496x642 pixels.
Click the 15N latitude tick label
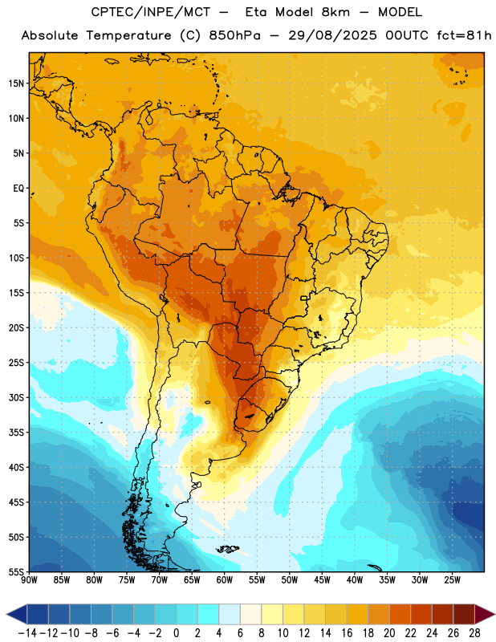pyautogui.click(x=16, y=83)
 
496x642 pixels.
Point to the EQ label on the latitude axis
pyautogui.click(x=18, y=189)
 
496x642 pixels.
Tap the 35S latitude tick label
pyautogui.click(x=16, y=433)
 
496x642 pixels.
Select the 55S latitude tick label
pyautogui.click(x=16, y=571)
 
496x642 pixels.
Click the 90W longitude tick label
pyautogui.click(x=29, y=580)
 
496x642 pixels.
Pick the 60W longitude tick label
pyautogui.click(x=225, y=580)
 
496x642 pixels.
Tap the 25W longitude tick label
pyautogui.click(x=452, y=580)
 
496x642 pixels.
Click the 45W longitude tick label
pyautogui.click(x=322, y=580)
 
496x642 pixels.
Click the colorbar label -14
pyautogui.click(x=27, y=633)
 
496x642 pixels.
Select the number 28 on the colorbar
pyautogui.click(x=474, y=633)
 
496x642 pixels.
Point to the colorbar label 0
pyautogui.click(x=176, y=633)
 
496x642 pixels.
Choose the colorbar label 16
pyautogui.click(x=347, y=633)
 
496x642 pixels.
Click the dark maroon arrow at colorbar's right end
pyautogui.click(x=485, y=614)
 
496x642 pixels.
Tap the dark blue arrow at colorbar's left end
pyautogui.click(x=17, y=614)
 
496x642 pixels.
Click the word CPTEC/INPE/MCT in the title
pyautogui.click(x=151, y=12)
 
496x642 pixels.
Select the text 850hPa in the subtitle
pyautogui.click(x=234, y=35)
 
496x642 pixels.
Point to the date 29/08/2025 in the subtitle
pyautogui.click(x=332, y=35)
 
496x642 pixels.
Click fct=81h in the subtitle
pyautogui.click(x=464, y=35)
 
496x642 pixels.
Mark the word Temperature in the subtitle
pyautogui.click(x=128, y=35)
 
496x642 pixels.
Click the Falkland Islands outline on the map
pyautogui.click(x=228, y=549)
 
